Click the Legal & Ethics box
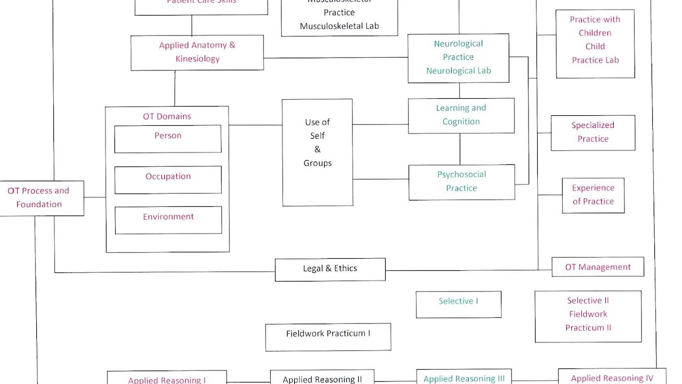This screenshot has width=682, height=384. pos(330,269)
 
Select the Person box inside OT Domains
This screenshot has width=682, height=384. pos(168,139)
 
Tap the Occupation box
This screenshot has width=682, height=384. pos(168,179)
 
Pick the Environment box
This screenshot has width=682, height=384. pos(168,220)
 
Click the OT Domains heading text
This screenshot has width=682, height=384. pos(167,116)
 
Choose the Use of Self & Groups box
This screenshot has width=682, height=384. pos(318,152)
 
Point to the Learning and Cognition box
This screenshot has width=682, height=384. pos(461,115)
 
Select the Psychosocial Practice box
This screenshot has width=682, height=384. pos(461,182)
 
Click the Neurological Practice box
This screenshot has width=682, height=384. pos(458,58)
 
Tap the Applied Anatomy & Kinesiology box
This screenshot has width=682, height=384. pos(197,52)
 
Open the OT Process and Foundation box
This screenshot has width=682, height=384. pos(39,198)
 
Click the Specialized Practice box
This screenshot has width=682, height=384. pos(592,132)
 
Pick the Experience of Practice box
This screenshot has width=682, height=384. pos(593,195)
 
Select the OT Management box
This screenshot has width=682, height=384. pos(597,267)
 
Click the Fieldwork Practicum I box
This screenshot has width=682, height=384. pos(328,337)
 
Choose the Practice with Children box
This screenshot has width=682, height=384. pos(595,43)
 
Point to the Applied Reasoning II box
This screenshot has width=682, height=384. pos(322,378)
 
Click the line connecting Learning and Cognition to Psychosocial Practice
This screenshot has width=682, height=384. pos(460,149)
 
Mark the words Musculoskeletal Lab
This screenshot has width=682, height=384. pos(339,26)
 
